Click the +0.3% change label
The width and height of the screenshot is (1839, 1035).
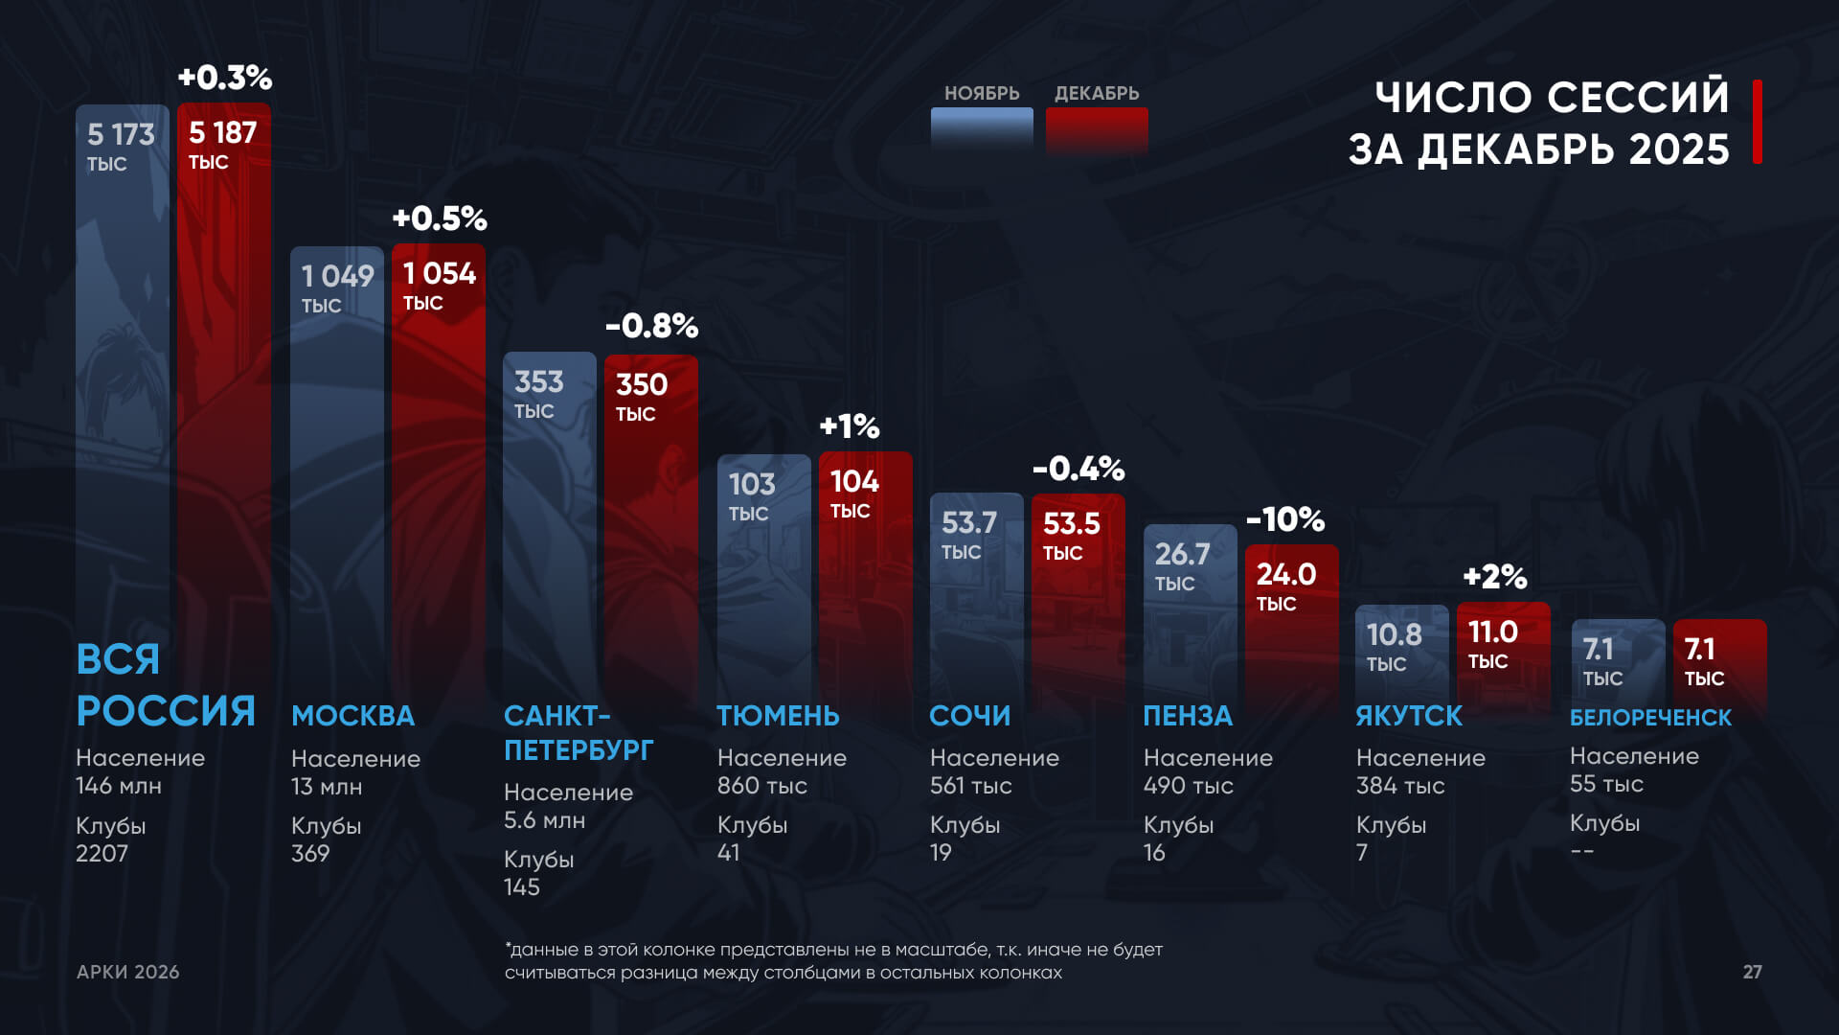(x=225, y=78)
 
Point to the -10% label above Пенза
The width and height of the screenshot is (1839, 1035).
(x=1285, y=519)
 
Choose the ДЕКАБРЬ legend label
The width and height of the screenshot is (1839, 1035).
(x=1097, y=93)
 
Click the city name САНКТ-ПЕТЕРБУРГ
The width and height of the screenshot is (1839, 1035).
(x=579, y=733)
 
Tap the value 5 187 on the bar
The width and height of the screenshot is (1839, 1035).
(x=222, y=132)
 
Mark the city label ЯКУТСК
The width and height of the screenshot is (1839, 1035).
(x=1409, y=716)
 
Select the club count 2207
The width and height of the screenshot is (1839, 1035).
(x=102, y=853)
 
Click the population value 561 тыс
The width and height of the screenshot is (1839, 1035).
(x=970, y=786)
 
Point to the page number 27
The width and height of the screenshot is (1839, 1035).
(x=1752, y=972)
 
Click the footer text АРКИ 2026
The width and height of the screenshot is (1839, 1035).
(x=128, y=972)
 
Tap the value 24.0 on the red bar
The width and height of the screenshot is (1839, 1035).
(x=1286, y=574)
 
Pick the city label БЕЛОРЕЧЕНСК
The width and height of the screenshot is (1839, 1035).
(x=1650, y=718)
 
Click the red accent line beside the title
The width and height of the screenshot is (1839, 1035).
(x=1758, y=122)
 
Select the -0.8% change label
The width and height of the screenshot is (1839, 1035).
(x=651, y=326)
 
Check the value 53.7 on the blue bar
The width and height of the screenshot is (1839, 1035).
(x=969, y=522)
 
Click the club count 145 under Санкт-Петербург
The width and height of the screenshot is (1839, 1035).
(x=522, y=886)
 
